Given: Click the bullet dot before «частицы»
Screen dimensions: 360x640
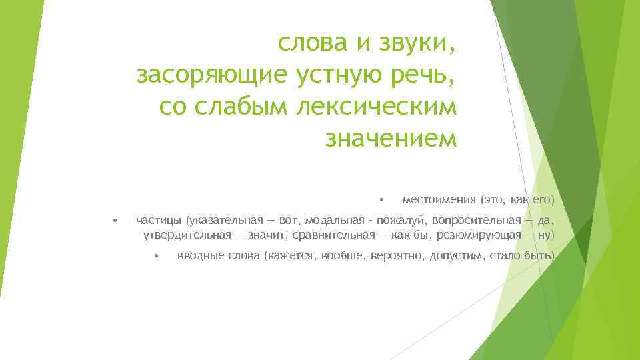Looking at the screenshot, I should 115,220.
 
